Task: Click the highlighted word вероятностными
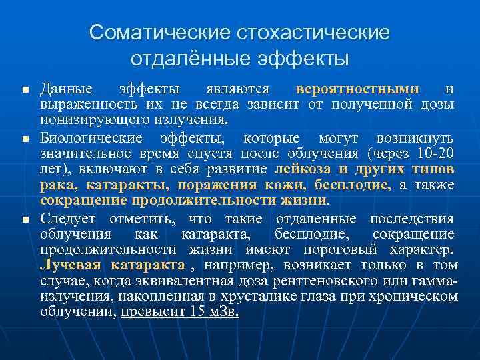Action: click(358, 89)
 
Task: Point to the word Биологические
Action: click(91, 139)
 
